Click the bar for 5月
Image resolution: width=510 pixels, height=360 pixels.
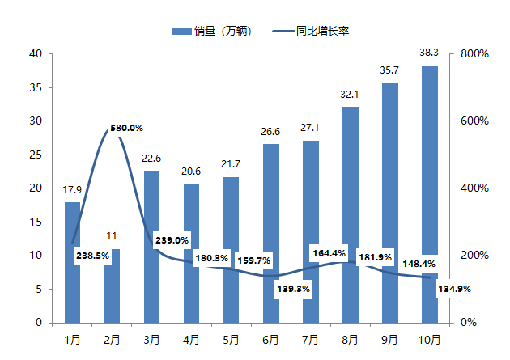pos(231,227)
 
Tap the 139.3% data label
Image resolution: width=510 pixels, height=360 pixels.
pos(293,289)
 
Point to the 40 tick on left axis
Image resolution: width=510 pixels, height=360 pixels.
pos(36,53)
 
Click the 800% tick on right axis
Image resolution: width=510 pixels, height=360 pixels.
pos(474,53)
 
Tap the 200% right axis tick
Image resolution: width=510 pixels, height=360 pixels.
pos(474,255)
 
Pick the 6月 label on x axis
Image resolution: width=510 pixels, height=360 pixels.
pos(270,338)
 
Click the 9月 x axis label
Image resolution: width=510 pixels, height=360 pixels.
pos(389,338)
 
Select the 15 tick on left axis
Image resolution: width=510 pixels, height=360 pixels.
pos(36,222)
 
